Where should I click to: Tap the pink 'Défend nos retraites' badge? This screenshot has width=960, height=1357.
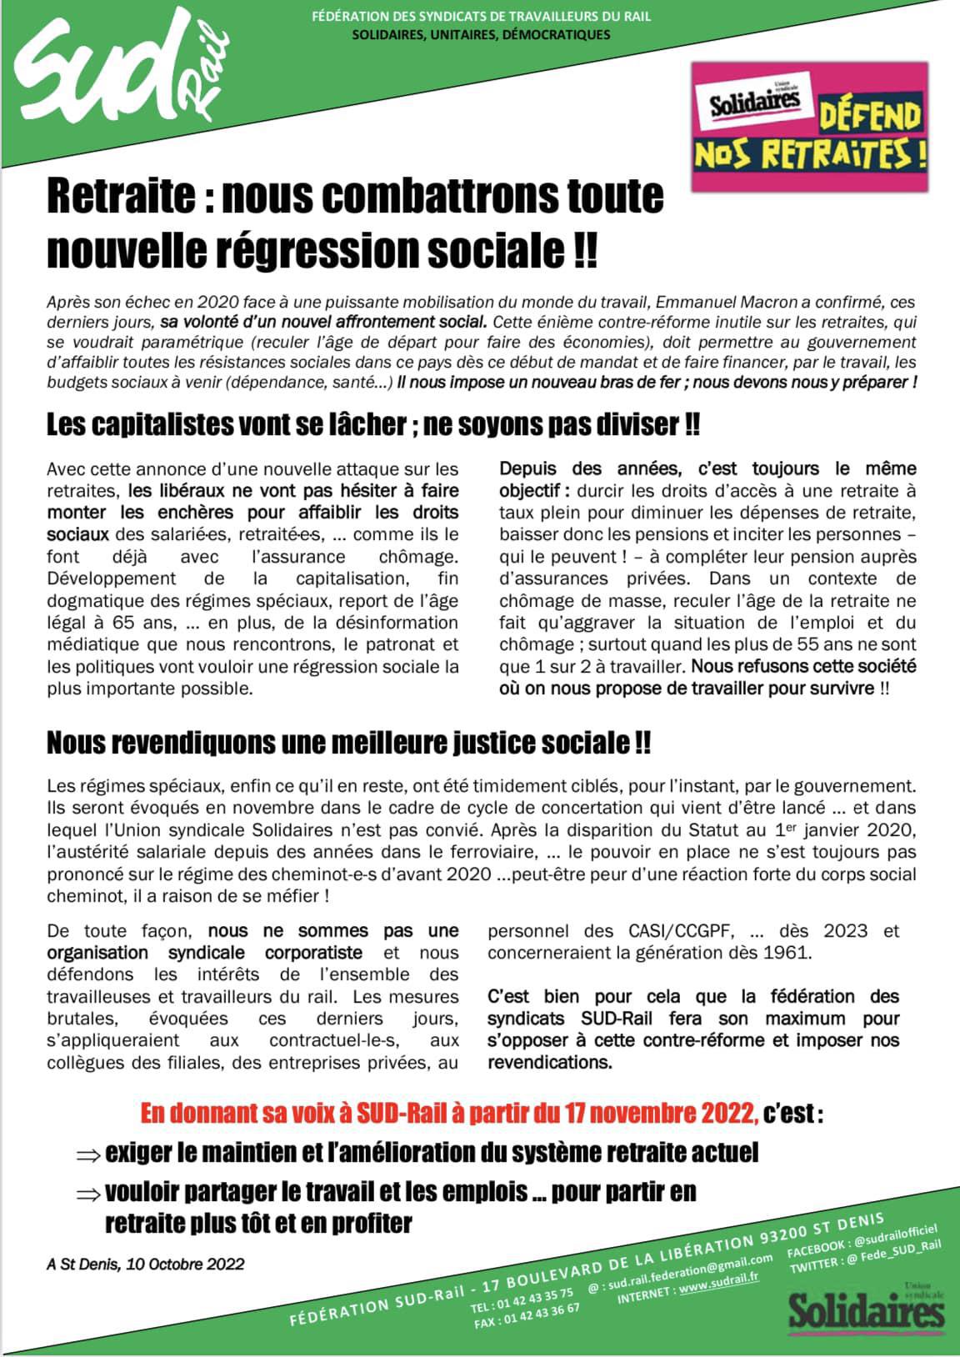tap(809, 127)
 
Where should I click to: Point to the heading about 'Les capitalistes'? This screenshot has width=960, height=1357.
tap(372, 425)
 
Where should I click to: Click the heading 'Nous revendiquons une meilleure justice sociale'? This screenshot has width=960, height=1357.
tap(348, 742)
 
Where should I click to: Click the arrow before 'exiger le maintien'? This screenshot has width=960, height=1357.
tap(87, 1154)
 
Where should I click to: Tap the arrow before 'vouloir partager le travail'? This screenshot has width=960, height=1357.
tap(87, 1194)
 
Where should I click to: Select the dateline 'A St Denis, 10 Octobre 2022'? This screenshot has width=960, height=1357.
tap(146, 1264)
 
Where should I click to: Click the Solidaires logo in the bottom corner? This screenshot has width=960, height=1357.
tap(867, 1309)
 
